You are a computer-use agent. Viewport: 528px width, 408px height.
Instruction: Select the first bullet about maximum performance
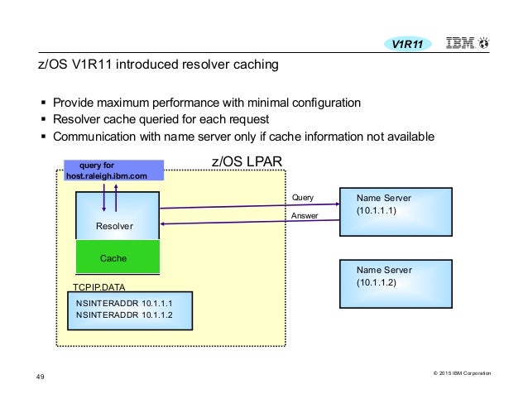coord(206,103)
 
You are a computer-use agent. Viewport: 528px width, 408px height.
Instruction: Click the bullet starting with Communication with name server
coord(242,137)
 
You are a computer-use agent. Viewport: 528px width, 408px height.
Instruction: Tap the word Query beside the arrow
coord(304,198)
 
